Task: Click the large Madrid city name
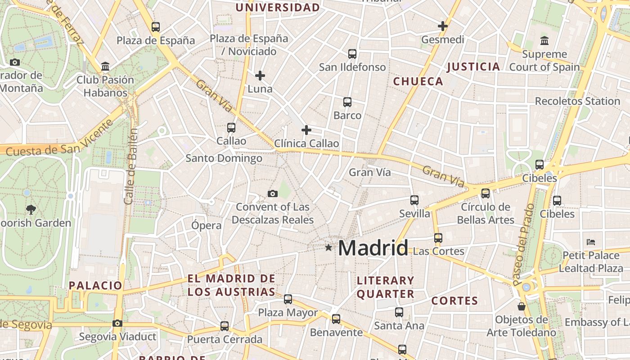pyautogui.click(x=373, y=248)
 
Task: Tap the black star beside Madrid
pyautogui.click(x=329, y=247)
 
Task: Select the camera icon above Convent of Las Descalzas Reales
pyautogui.click(x=272, y=194)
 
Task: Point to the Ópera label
pyautogui.click(x=207, y=225)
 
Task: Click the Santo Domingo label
pyautogui.click(x=224, y=158)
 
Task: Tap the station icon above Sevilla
pyautogui.click(x=414, y=200)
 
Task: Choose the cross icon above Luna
pyautogui.click(x=260, y=76)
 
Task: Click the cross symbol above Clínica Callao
pyautogui.click(x=306, y=130)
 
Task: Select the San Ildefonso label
pyautogui.click(x=352, y=67)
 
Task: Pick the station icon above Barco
pyautogui.click(x=347, y=102)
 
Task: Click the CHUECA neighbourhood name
pyautogui.click(x=418, y=81)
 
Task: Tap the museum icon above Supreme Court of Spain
pyautogui.click(x=544, y=41)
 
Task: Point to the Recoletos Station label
pyautogui.click(x=577, y=101)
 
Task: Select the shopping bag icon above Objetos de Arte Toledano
pyautogui.click(x=522, y=307)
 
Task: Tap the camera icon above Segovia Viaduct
pyautogui.click(x=117, y=323)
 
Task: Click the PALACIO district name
pyautogui.click(x=95, y=285)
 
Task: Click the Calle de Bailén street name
pyautogui.click(x=130, y=166)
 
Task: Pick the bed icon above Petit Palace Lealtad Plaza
pyautogui.click(x=591, y=242)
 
